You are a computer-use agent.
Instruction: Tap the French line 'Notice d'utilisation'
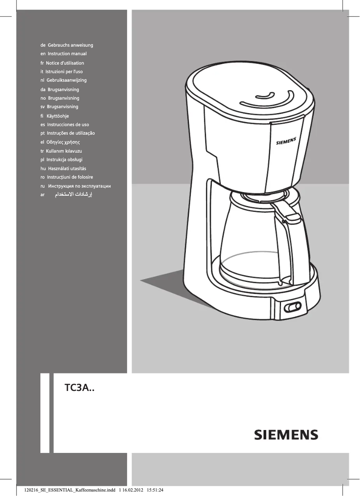[66, 63]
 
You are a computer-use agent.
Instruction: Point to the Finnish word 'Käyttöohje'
[58, 116]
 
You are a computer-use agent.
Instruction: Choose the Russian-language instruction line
[79, 186]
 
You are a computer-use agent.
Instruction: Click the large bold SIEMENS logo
[286, 435]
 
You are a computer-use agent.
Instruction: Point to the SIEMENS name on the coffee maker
[286, 141]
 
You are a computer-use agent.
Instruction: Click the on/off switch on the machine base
[292, 307]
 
